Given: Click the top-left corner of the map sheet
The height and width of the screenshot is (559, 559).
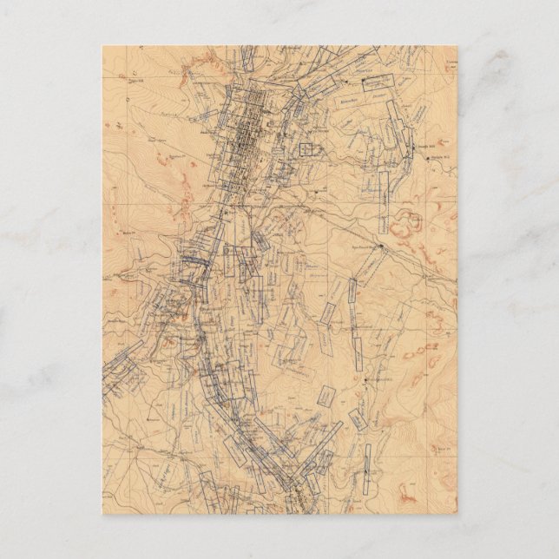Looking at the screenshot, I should click(102, 46).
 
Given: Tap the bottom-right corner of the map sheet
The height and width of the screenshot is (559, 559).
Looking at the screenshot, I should click(457, 513).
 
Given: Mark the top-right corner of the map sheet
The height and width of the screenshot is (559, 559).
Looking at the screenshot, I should click(457, 46).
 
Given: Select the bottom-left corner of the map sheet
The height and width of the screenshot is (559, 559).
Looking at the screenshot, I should click(102, 513).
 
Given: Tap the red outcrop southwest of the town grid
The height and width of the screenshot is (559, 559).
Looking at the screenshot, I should click(187, 204).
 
